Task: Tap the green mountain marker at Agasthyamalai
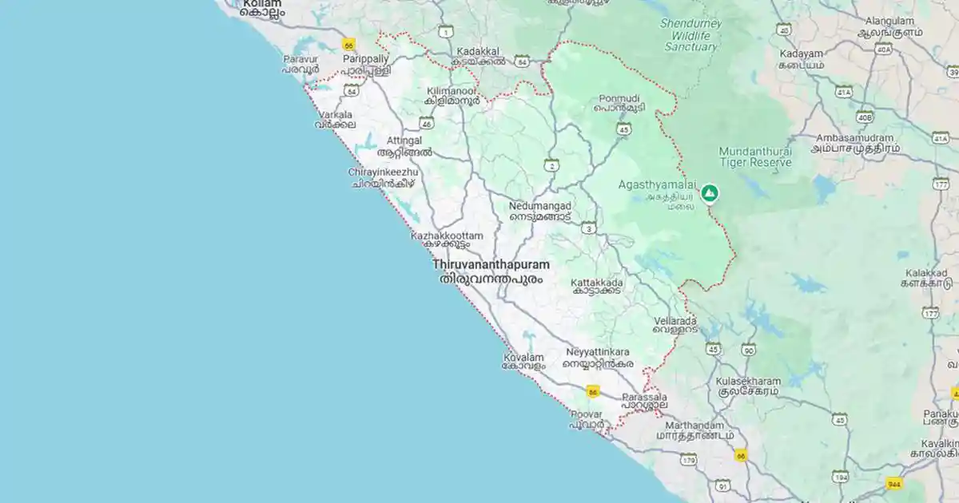click(709, 192)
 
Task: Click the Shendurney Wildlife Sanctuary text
click(691, 34)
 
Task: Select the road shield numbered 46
click(427, 123)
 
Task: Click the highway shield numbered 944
click(894, 483)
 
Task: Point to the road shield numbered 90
click(748, 349)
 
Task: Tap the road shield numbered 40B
click(864, 117)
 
